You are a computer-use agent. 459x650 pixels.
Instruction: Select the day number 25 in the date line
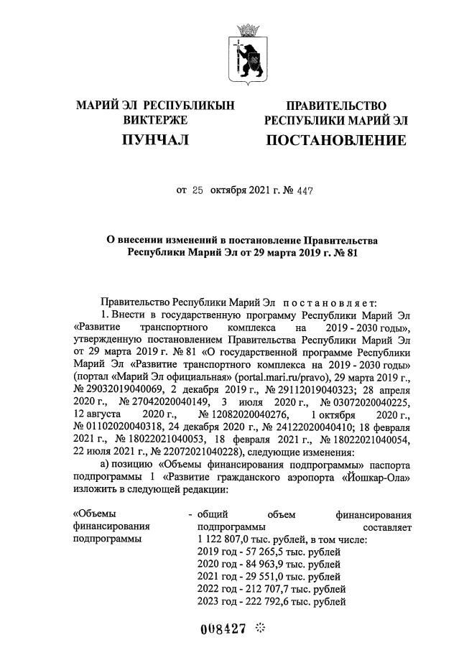coord(198,192)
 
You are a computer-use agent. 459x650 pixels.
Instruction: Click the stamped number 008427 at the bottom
coord(223,628)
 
